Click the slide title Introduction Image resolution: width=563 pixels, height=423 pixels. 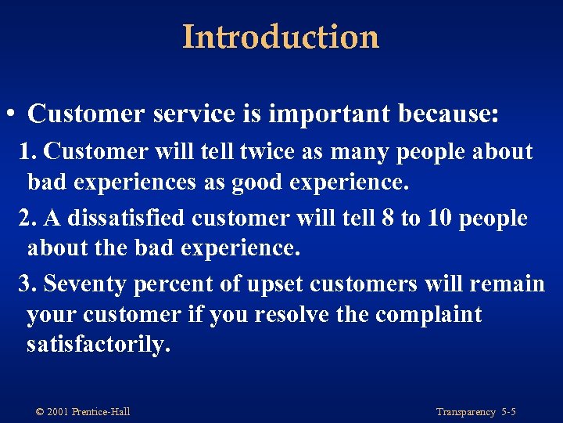281,37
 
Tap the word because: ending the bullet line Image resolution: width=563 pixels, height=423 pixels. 448,114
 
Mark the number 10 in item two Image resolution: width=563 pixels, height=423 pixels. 440,218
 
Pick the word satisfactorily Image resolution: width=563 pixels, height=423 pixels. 99,345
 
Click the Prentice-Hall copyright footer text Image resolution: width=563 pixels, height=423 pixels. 83,411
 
